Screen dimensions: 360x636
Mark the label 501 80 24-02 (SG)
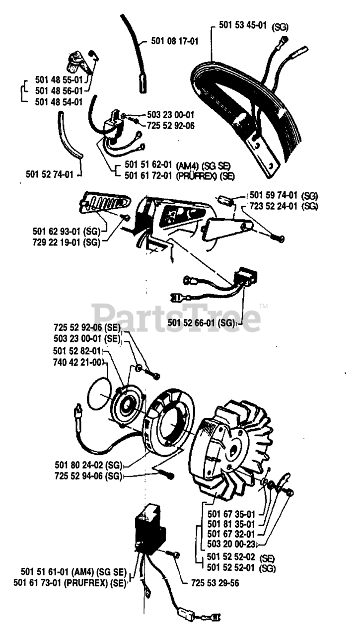88,466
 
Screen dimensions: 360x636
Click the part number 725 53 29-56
215,583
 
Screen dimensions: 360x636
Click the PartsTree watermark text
176,317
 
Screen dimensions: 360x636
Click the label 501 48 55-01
58,79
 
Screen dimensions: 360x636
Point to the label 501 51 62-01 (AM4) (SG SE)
180,166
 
